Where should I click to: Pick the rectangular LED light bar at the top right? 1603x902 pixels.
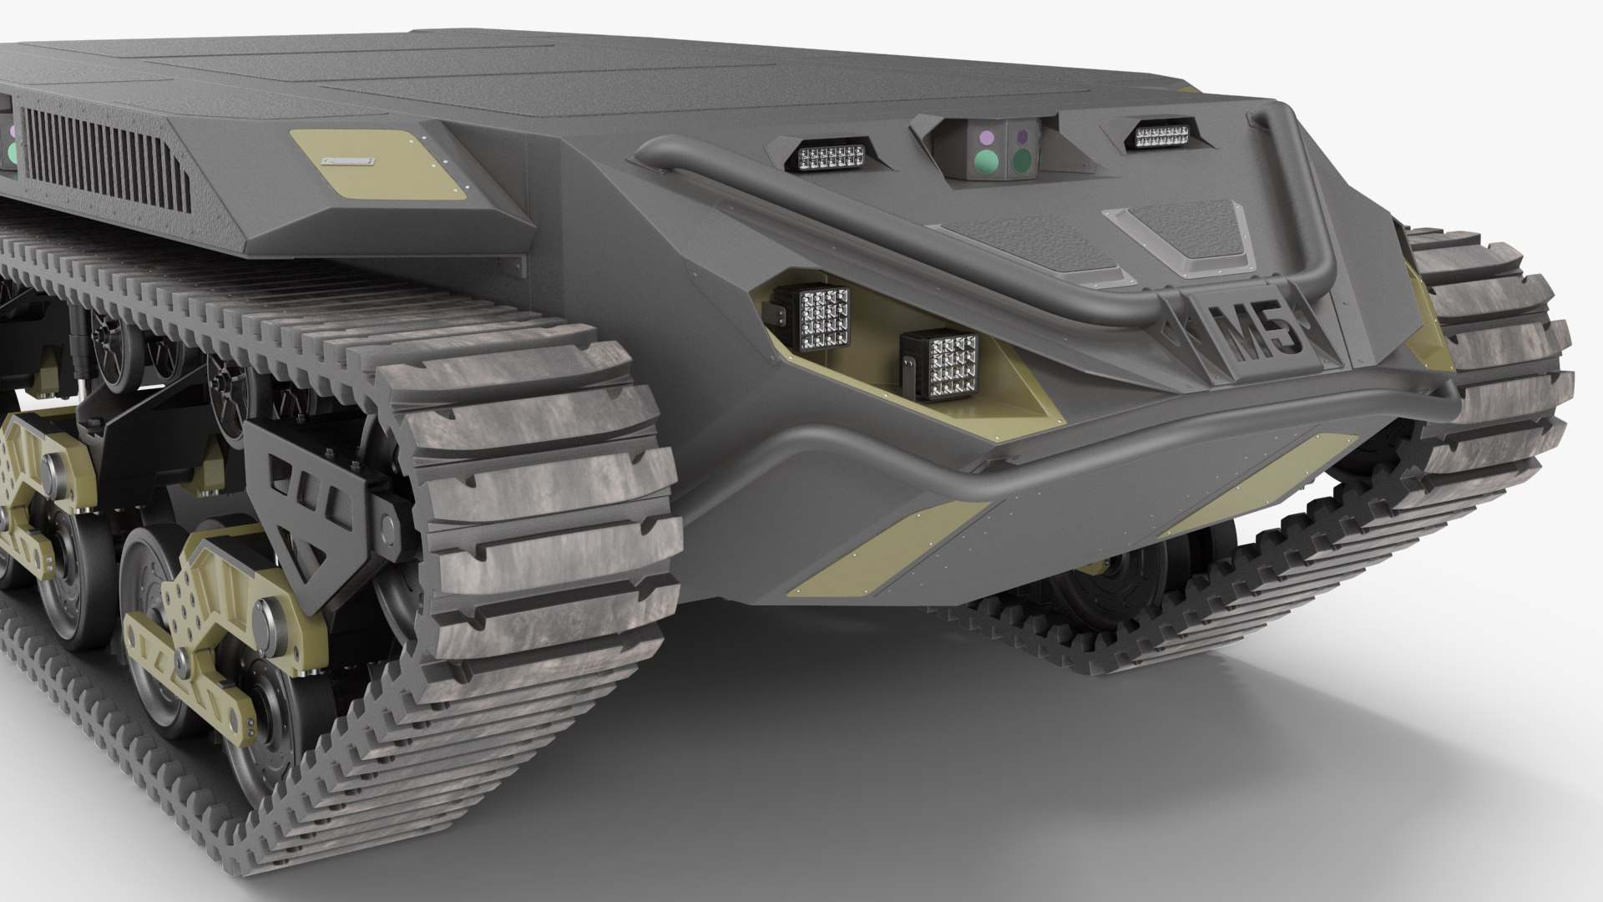(x=1161, y=135)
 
